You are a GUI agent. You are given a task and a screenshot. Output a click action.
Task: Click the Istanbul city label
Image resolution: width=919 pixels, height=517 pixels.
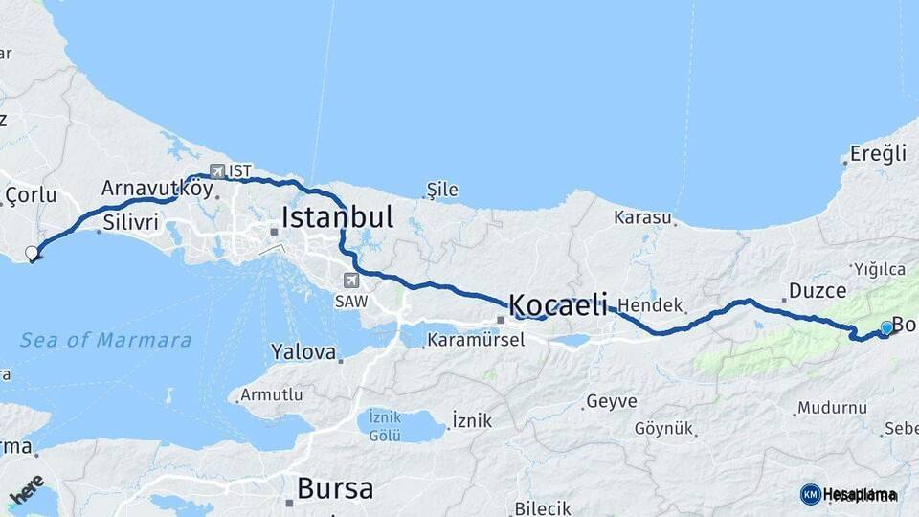(x=336, y=217)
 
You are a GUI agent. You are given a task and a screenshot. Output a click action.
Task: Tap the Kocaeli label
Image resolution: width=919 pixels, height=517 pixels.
(x=558, y=305)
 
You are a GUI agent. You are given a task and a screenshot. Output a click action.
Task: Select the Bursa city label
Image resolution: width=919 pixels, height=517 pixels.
(x=335, y=489)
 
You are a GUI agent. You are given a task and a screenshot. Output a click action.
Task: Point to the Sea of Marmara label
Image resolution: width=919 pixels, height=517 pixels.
(x=106, y=340)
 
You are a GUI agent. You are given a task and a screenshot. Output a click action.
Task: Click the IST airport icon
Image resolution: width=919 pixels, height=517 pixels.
(x=217, y=170)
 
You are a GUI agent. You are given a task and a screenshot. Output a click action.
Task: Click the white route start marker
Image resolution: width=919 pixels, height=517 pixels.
(x=32, y=254)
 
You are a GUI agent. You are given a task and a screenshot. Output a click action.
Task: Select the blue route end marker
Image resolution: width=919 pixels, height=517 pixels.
(x=886, y=328)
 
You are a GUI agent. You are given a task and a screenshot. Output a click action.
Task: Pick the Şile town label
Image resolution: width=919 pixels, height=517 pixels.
(x=441, y=191)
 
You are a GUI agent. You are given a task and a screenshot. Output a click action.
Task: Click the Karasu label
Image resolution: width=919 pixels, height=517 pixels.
(x=642, y=217)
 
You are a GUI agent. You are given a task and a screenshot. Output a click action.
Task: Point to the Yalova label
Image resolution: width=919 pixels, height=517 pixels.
(x=303, y=352)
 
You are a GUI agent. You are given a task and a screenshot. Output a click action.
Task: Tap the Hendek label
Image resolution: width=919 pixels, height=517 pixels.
(x=650, y=305)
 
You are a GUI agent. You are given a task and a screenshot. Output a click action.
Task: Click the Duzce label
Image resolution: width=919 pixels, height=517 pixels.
(x=817, y=290)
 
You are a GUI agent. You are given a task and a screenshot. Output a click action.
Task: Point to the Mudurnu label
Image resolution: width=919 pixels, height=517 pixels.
(x=832, y=408)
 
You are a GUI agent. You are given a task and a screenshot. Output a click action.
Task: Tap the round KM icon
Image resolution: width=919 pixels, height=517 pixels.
(x=810, y=494)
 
